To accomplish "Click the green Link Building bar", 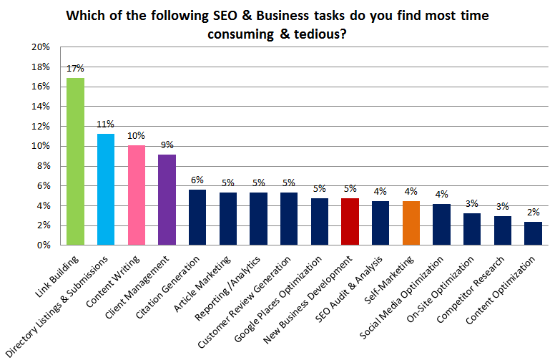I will pyautogui.click(x=75, y=161).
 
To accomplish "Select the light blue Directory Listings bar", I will pyautogui.click(x=106, y=189).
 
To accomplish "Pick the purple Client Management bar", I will pyautogui.click(x=167, y=200).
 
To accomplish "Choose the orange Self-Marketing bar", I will pyautogui.click(x=411, y=223).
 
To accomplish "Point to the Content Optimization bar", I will pyautogui.click(x=533, y=233).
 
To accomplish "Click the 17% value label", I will pyautogui.click(x=75, y=69).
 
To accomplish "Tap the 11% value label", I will pyautogui.click(x=106, y=125).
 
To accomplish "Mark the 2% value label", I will pyautogui.click(x=533, y=213).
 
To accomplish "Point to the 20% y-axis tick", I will pyautogui.click(x=40, y=47).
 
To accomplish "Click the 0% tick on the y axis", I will pyautogui.click(x=42, y=245).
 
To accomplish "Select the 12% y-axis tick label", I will pyautogui.click(x=40, y=126).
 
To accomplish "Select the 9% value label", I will pyautogui.click(x=167, y=145).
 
